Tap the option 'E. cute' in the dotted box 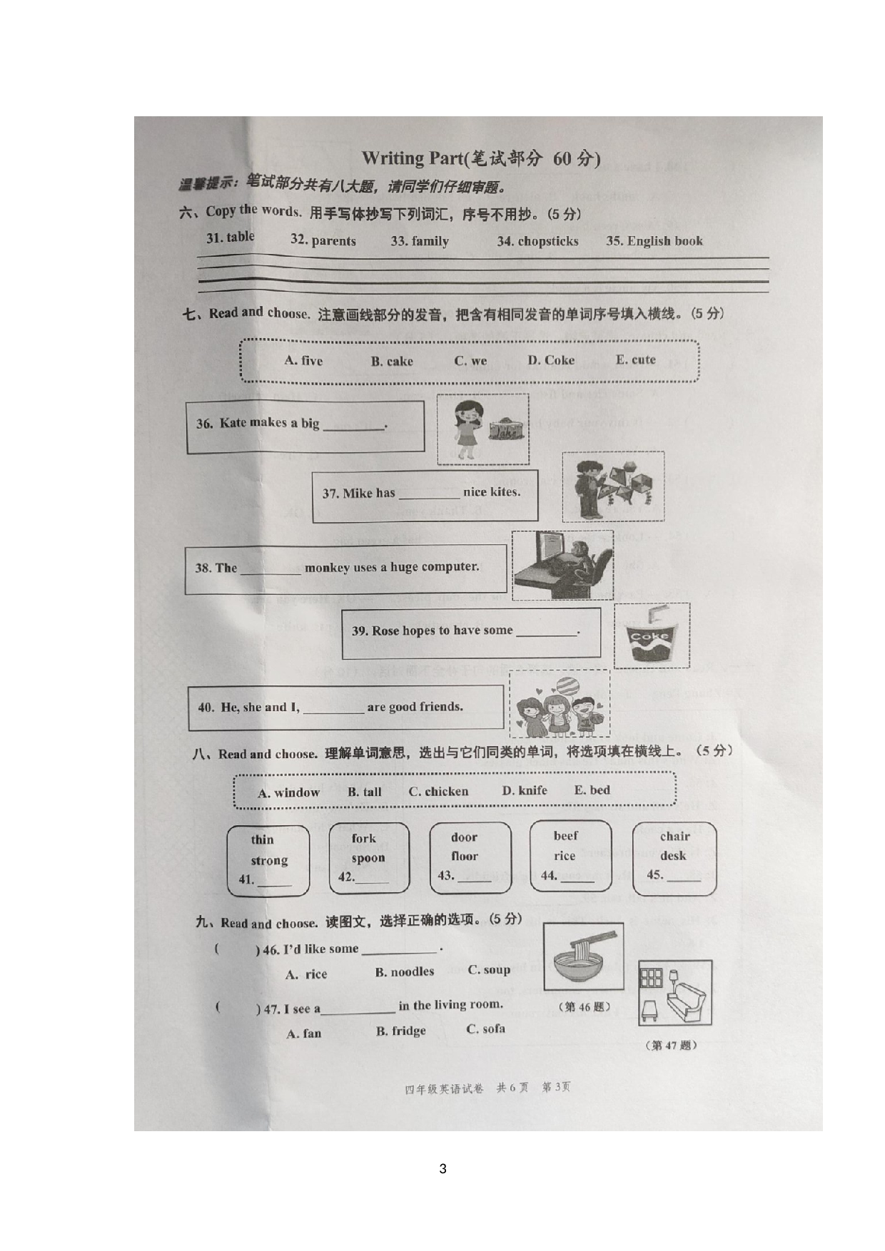click(x=635, y=359)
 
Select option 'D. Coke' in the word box click(x=551, y=360)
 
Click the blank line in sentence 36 click(x=354, y=427)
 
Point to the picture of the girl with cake click(x=482, y=429)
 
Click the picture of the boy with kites click(x=612, y=486)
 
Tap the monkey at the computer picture click(x=562, y=565)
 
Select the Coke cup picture click(x=652, y=635)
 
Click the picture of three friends click(x=559, y=705)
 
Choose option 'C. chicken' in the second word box click(x=438, y=792)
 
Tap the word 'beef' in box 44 click(x=565, y=836)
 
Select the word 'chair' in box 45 click(x=674, y=836)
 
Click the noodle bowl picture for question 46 click(x=583, y=956)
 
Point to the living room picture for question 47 click(x=674, y=993)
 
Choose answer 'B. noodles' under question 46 click(x=405, y=971)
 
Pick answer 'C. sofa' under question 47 click(x=485, y=1029)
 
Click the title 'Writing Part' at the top click(x=413, y=158)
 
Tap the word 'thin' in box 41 click(x=262, y=839)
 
